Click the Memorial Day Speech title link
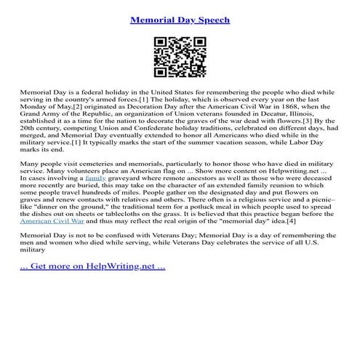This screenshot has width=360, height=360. pyautogui.click(x=180, y=20)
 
